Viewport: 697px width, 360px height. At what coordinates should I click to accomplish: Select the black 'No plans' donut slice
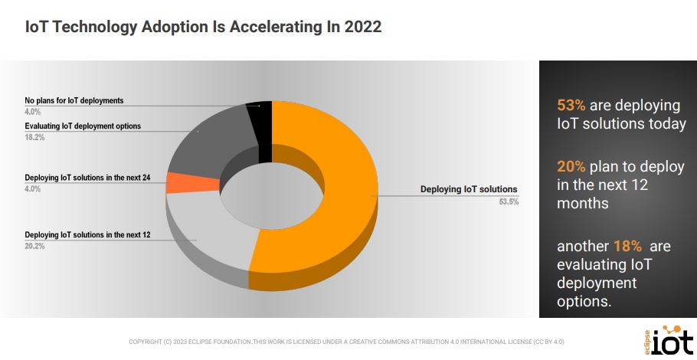point(260,130)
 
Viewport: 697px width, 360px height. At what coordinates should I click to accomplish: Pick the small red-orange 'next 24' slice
point(184,182)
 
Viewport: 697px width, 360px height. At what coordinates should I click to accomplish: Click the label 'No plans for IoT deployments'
point(74,100)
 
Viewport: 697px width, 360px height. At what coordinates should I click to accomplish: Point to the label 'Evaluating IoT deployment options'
point(83,126)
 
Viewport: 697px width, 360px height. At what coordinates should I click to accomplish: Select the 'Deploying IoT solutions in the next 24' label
point(87,178)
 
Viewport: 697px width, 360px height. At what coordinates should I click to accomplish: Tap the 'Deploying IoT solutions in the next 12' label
point(87,234)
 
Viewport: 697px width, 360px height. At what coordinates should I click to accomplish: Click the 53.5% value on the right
point(509,202)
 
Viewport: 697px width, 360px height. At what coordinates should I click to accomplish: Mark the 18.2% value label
point(34,138)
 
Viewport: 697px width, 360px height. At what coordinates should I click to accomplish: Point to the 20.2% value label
point(34,246)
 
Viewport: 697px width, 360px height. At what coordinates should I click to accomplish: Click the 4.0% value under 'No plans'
point(32,112)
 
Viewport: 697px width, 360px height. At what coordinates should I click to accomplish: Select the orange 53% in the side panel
point(571,106)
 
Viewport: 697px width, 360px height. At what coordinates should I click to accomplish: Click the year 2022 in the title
point(362,27)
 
